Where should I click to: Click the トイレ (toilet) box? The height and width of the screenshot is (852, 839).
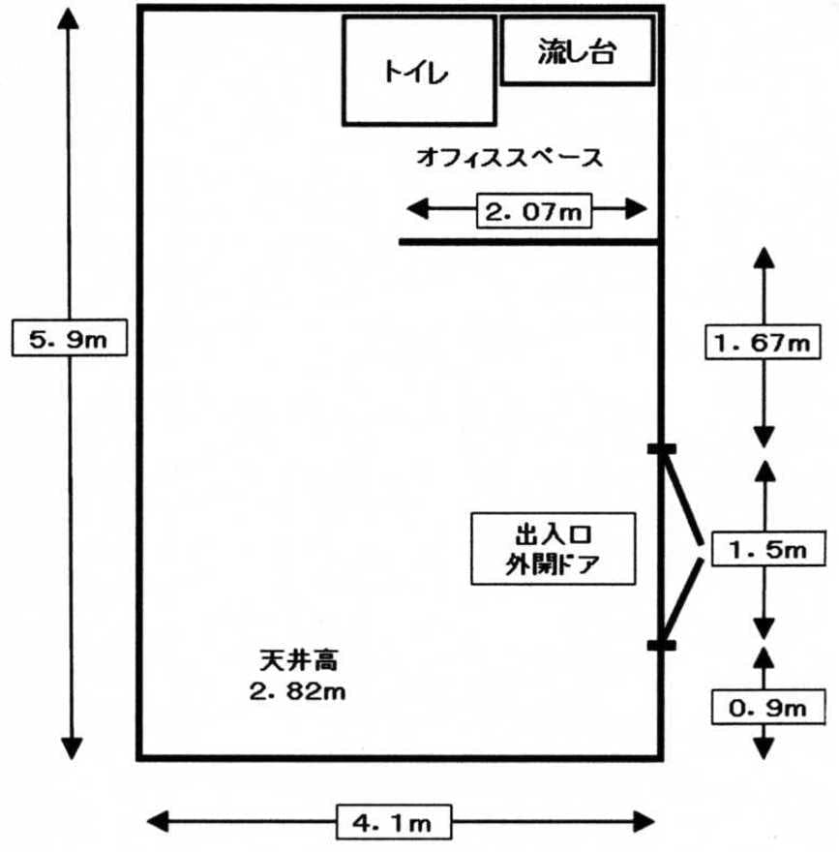coord(419,71)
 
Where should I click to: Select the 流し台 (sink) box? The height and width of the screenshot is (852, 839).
coord(577,51)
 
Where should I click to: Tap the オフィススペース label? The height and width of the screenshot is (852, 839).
coord(509,157)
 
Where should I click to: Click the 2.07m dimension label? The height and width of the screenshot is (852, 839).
coord(531,210)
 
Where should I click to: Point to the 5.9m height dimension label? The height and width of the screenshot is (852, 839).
coord(69,338)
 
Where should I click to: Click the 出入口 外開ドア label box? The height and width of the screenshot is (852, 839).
coord(553,548)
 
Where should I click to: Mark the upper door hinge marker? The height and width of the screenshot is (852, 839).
coord(662,448)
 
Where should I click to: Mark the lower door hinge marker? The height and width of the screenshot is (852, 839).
coord(662,645)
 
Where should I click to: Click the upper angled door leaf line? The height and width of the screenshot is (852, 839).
coord(681,495)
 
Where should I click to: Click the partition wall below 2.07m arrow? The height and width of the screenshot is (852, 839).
coord(529,241)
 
